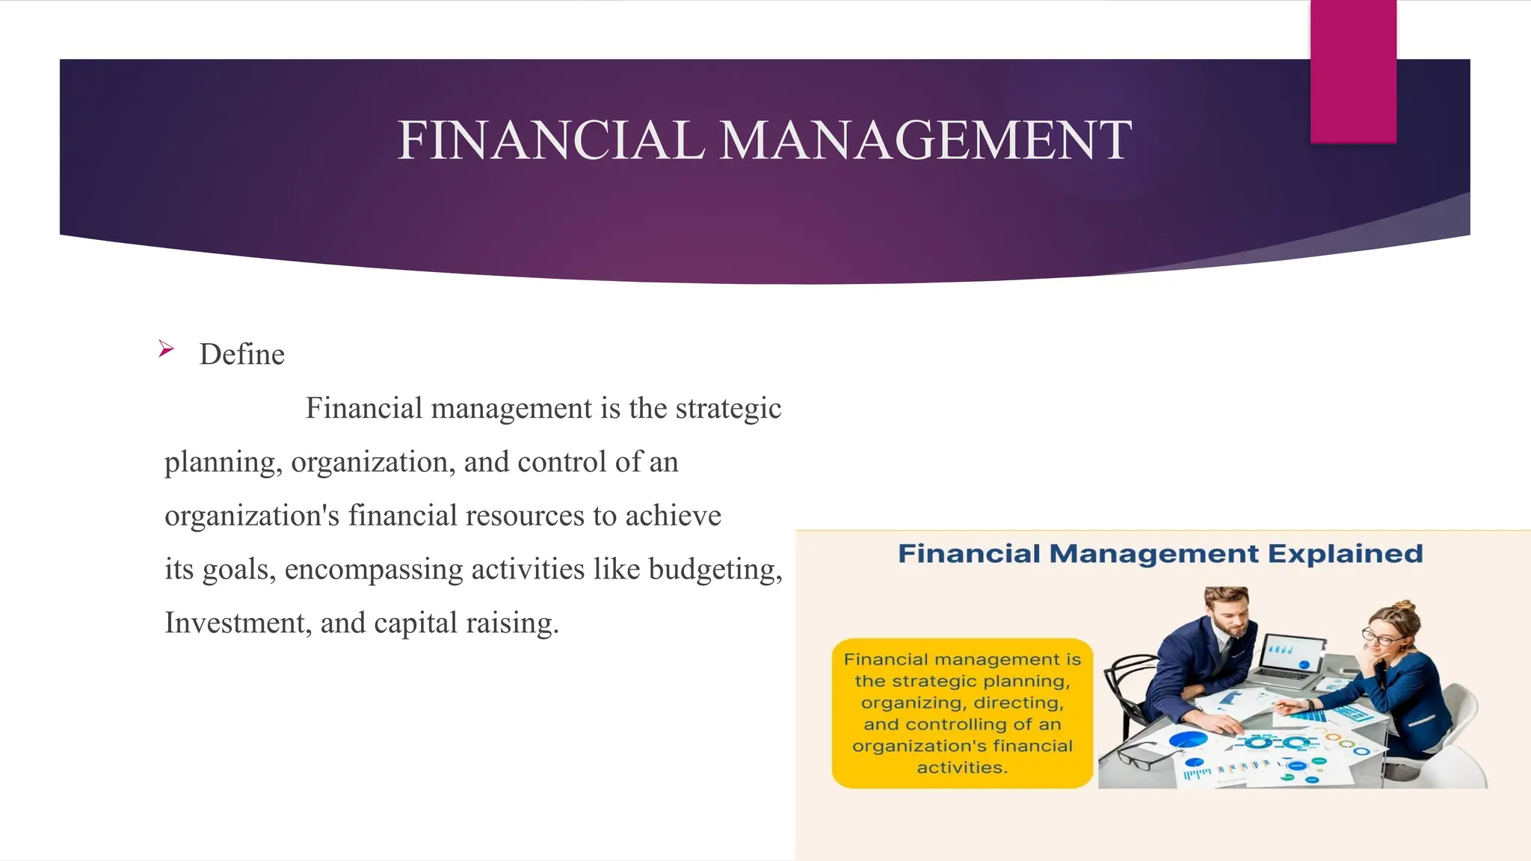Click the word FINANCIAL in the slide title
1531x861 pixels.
coord(551,141)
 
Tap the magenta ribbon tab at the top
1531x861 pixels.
coord(1353,72)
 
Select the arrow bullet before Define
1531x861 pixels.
coord(166,349)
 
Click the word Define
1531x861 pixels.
coord(242,355)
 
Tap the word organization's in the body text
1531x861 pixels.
coord(252,516)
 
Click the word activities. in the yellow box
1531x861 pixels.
coord(962,768)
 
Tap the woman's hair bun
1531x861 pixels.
coord(1404,607)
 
